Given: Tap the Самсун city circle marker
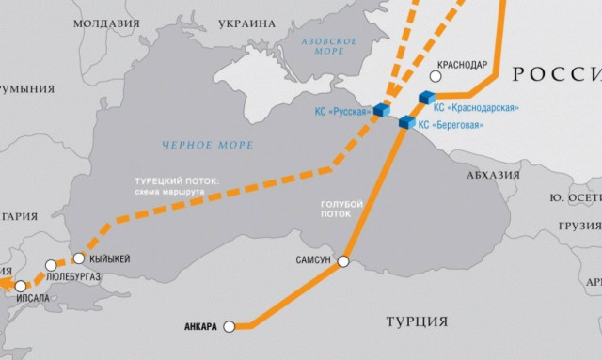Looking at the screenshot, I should tap(344, 260).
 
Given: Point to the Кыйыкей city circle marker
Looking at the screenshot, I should tap(79, 258).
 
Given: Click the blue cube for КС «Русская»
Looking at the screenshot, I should tap(382, 111).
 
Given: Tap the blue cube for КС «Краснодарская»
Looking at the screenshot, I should tap(427, 98).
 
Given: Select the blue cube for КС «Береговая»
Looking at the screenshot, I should tap(406, 122).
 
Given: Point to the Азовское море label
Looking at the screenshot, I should tap(327, 48).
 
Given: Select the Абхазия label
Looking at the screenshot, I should tap(493, 174).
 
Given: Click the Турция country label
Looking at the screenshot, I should tap(417, 321).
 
